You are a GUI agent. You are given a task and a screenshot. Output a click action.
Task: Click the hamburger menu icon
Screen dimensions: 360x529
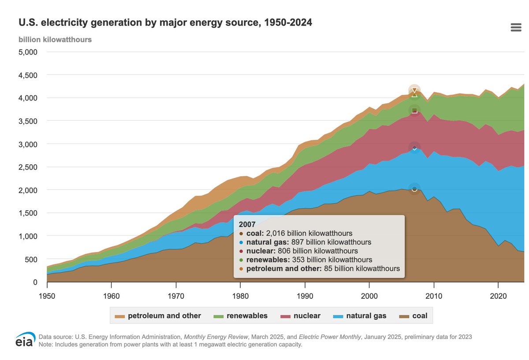(x=516, y=28)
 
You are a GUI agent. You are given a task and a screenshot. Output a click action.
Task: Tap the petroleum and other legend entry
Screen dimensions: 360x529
(x=158, y=315)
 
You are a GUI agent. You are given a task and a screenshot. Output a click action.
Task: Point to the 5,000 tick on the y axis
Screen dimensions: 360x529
(x=29, y=52)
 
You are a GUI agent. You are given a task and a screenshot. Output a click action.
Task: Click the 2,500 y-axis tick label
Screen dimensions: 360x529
(x=29, y=167)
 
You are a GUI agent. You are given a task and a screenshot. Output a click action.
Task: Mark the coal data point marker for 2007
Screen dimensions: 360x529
(x=414, y=189)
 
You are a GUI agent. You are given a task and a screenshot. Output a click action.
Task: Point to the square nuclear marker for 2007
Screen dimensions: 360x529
(x=414, y=110)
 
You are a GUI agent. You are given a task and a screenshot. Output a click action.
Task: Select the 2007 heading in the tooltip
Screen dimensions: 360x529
(x=246, y=224)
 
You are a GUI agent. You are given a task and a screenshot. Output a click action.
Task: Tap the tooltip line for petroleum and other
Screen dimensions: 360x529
(x=319, y=268)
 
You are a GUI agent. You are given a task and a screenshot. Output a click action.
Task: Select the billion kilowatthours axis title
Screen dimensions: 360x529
(x=55, y=39)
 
